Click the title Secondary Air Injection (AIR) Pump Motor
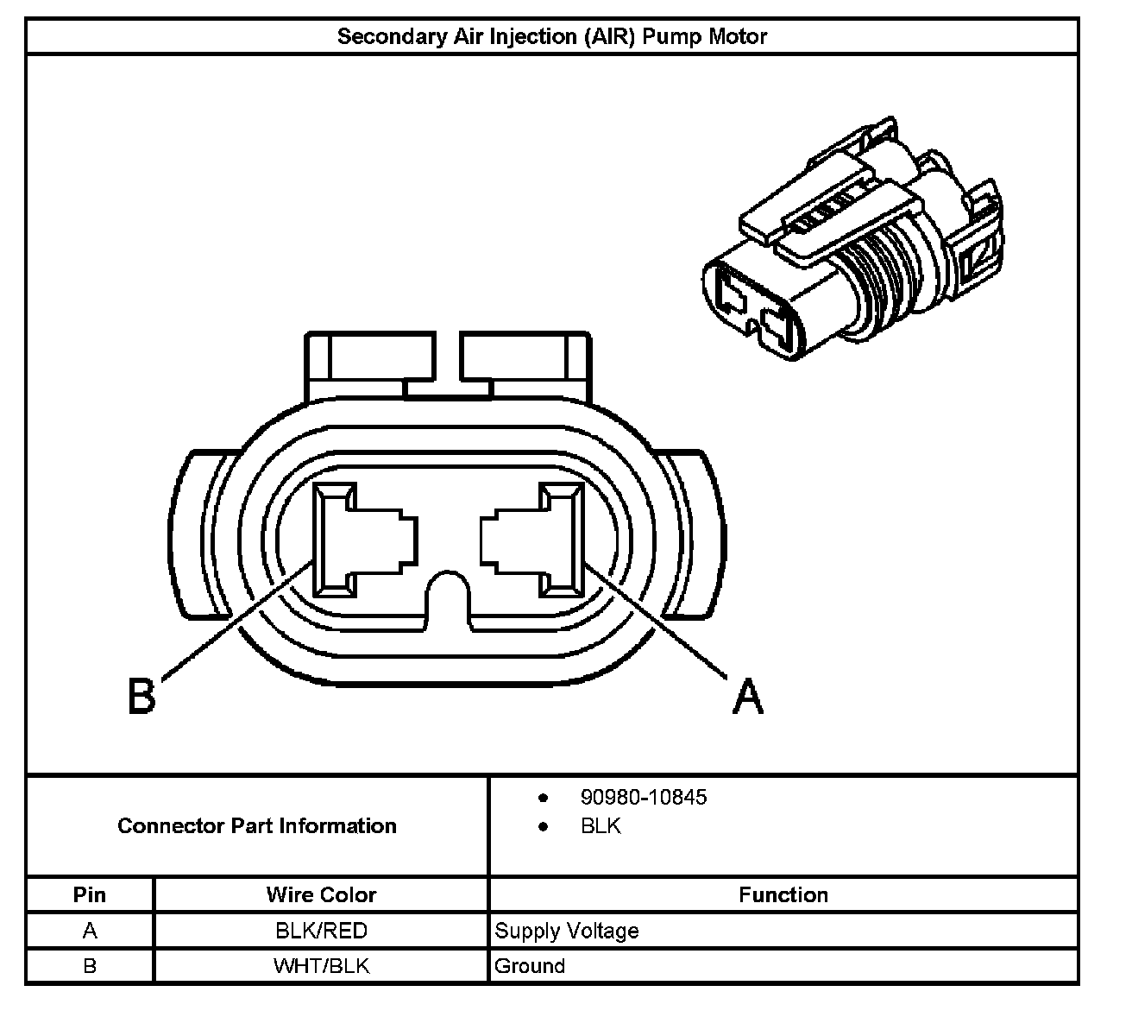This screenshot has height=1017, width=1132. coord(551,37)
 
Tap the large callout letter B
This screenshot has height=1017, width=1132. coord(141,696)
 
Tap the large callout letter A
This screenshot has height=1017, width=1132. coord(747,696)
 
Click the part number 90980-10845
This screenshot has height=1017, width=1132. coord(644,797)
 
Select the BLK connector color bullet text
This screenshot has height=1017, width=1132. coord(601,826)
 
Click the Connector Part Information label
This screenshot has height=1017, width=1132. coord(257,826)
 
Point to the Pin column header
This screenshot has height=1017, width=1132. coord(90,894)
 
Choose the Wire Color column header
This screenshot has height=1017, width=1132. coord(321,894)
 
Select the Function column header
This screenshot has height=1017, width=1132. coord(783,894)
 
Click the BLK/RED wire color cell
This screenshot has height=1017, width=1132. coord(321,931)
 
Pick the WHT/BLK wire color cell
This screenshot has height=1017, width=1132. coord(321,965)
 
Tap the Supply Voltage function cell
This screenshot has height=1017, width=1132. coord(567,931)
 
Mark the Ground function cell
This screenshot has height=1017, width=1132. coord(530,965)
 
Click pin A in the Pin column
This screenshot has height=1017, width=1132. coord(90,931)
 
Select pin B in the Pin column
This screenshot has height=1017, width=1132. coord(90,965)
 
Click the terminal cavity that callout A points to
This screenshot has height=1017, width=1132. coord(533,540)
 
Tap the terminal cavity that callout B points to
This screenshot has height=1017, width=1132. coord(364,540)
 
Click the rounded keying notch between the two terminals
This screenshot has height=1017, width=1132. coord(448,599)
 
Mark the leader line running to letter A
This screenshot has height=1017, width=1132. coord(656,622)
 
